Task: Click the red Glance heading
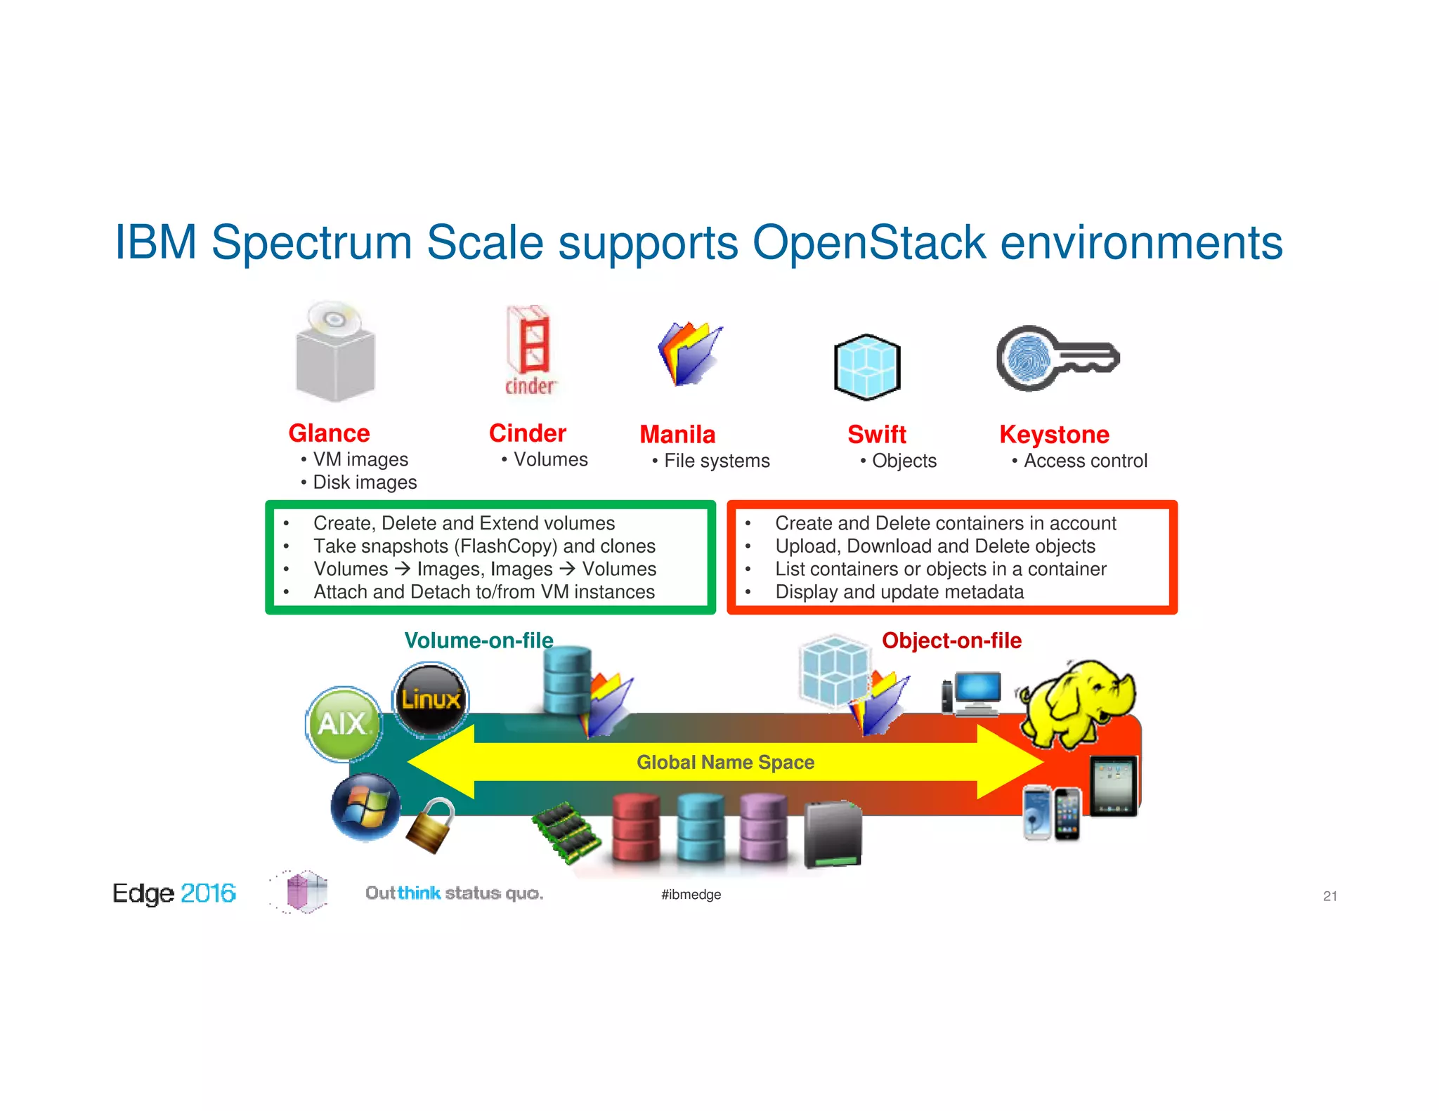[x=329, y=433]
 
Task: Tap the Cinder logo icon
[x=530, y=350]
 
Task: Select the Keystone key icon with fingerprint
[x=1057, y=358]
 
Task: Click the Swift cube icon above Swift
[x=867, y=367]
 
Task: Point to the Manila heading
[x=677, y=435]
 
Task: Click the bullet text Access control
[x=1085, y=461]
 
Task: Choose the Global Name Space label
[x=725, y=762]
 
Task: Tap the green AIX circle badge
[x=344, y=724]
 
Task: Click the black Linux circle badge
[x=430, y=699]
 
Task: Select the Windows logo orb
[x=365, y=807]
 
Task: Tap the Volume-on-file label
[x=478, y=640]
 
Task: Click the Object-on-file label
[x=951, y=640]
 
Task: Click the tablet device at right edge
[x=1114, y=787]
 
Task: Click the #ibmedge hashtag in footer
[x=691, y=895]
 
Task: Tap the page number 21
[x=1329, y=896]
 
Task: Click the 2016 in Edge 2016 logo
[x=208, y=893]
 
